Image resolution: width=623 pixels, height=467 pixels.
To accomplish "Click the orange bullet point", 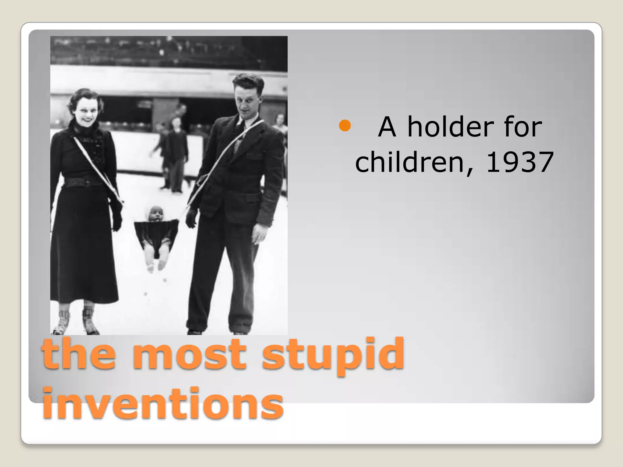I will tap(345, 126).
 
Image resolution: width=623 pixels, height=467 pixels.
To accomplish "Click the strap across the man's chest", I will tap(231, 152).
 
